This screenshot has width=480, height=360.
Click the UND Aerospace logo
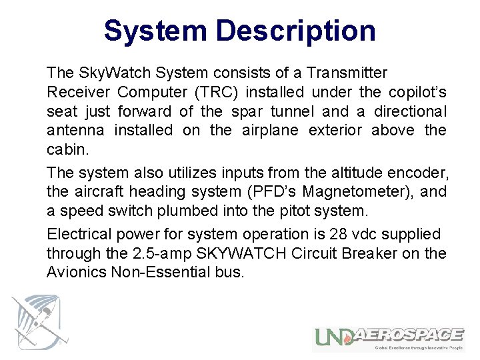click(389, 339)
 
